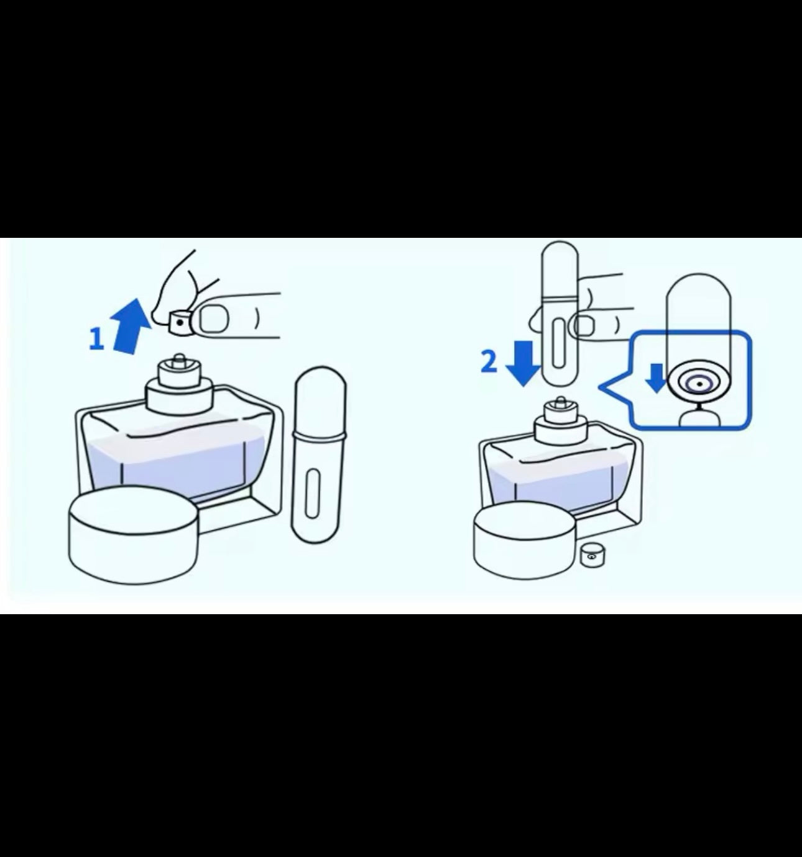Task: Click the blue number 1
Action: pos(97,338)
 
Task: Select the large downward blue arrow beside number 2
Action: pos(523,363)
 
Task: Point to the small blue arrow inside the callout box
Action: pos(657,378)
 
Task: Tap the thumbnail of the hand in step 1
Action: pos(213,319)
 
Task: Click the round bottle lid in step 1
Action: pos(134,535)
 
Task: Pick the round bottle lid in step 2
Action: pos(525,540)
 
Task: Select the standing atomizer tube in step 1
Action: pos(320,455)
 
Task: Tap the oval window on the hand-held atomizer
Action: pos(558,343)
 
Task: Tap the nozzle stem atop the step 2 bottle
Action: pos(561,402)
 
